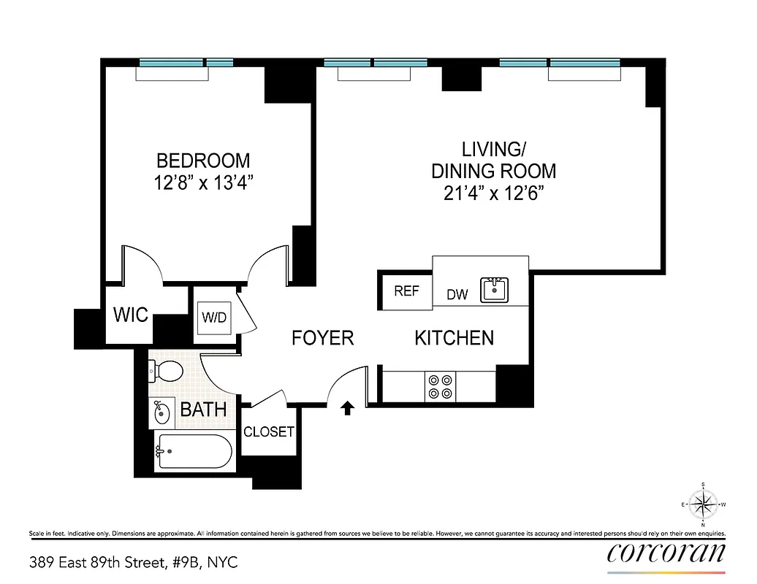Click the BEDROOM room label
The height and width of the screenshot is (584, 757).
click(x=203, y=160)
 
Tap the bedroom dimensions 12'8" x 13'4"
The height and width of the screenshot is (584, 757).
click(x=203, y=182)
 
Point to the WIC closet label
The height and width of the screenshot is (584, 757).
click(x=131, y=315)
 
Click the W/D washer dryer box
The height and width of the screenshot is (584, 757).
click(x=214, y=318)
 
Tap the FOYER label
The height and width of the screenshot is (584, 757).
click(x=322, y=338)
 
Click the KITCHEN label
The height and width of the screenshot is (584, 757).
click(x=454, y=338)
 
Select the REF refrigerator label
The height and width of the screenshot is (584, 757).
click(x=406, y=291)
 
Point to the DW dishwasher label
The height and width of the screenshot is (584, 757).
click(x=457, y=295)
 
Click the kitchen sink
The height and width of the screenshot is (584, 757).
click(x=495, y=290)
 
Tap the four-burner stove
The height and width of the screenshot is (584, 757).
click(x=440, y=386)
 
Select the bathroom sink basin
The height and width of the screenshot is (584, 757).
click(x=161, y=414)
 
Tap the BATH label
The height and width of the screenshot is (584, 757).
click(x=203, y=410)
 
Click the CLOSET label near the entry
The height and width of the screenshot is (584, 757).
click(x=268, y=431)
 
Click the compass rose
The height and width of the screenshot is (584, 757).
click(x=703, y=504)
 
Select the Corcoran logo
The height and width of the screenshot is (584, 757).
click(x=666, y=553)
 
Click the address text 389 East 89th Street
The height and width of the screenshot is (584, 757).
click(x=134, y=562)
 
